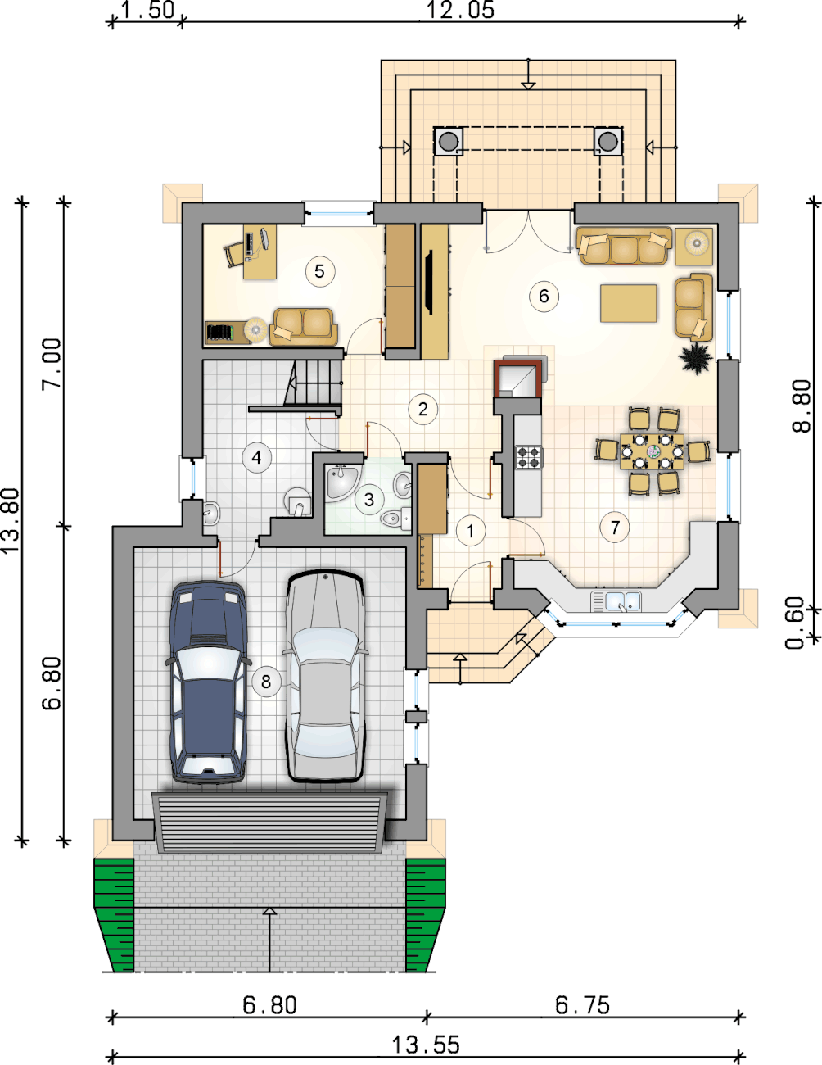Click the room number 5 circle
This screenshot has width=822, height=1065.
tap(319, 271)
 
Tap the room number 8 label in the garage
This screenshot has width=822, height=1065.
tap(266, 681)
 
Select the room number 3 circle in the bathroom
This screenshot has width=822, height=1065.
tap(369, 500)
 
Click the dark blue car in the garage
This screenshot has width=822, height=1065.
tap(208, 682)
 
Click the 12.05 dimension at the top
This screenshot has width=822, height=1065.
tap(461, 11)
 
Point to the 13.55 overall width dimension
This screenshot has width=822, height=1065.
tap(426, 1045)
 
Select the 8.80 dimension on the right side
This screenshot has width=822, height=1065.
tap(802, 406)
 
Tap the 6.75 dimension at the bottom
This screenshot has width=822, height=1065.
tap(583, 1005)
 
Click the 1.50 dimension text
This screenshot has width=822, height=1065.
tap(147, 11)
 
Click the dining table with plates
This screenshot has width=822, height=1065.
tap(653, 451)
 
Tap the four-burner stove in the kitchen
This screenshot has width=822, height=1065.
tap(529, 457)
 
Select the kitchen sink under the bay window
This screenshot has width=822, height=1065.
tap(616, 601)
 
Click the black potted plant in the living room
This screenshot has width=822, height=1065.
tap(696, 358)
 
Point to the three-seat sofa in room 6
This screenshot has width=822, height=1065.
tap(624, 246)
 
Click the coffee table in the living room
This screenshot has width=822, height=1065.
tap(629, 303)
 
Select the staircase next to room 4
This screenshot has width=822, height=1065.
tap(314, 383)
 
